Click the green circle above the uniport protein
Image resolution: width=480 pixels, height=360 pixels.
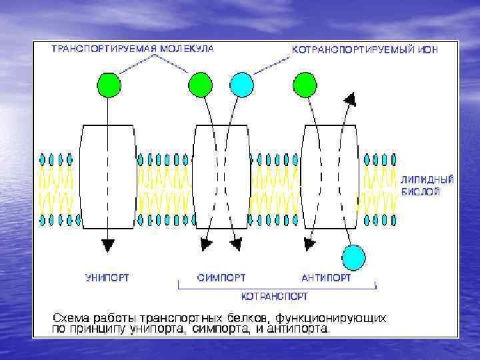(109, 85)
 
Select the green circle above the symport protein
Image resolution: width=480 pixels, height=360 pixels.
(200, 85)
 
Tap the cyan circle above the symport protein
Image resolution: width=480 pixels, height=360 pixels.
(241, 85)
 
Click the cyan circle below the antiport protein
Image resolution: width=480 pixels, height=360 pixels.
(353, 257)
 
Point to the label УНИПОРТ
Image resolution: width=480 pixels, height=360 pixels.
(107, 277)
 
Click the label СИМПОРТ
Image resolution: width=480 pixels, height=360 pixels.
(221, 277)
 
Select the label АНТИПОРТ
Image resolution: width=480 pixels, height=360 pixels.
(326, 277)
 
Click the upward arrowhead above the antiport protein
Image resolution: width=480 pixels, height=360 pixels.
(349, 99)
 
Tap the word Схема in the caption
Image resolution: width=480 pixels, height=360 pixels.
(71, 318)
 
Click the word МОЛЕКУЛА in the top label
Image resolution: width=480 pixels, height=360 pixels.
(182, 50)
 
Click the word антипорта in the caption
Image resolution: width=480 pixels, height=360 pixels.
(304, 329)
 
